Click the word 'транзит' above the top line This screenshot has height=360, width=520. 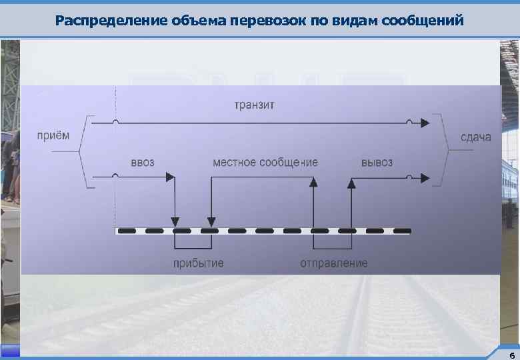click(254, 105)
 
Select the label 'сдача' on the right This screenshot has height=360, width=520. click(476, 137)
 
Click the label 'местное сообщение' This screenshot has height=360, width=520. click(265, 162)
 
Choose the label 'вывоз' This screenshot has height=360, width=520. click(377, 162)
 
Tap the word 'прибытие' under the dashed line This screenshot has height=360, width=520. click(198, 263)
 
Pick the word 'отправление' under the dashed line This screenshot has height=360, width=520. click(333, 263)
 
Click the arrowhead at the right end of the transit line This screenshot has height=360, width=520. click(424, 123)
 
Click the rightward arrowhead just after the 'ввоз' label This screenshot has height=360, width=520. click(169, 177)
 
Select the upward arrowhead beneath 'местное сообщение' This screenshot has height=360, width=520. click(312, 182)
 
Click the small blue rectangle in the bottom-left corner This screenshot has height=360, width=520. click(10, 351)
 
